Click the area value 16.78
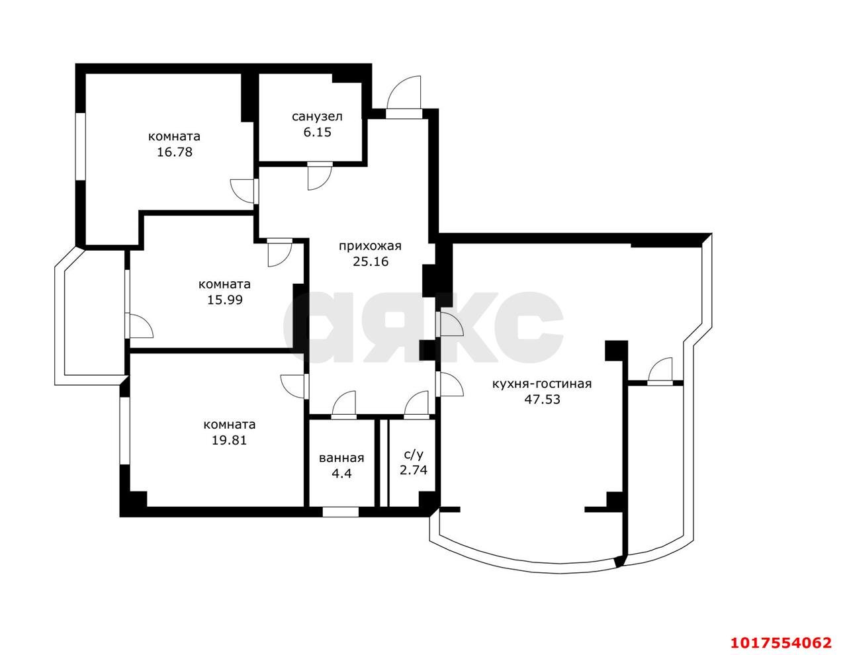(x=174, y=152)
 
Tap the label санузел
(x=317, y=116)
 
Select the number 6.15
(x=317, y=132)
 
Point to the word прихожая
(x=370, y=246)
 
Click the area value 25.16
(x=371, y=261)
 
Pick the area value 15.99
(x=224, y=300)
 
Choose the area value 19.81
(x=229, y=440)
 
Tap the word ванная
(x=341, y=459)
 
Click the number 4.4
(x=341, y=474)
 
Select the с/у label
(x=414, y=455)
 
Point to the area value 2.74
(x=414, y=470)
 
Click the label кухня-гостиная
(x=542, y=384)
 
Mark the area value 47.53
(x=542, y=400)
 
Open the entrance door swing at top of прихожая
(x=404, y=93)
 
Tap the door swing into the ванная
(x=344, y=404)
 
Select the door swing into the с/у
(x=416, y=404)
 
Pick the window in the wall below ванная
(x=341, y=511)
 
